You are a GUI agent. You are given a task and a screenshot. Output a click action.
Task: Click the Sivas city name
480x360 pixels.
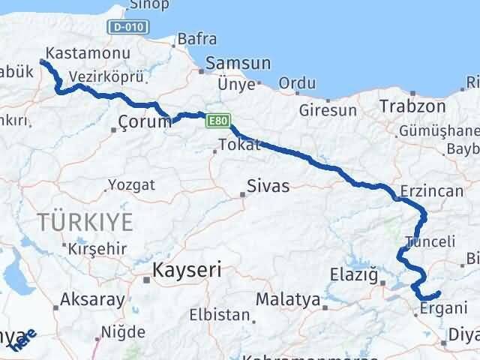point(268,186)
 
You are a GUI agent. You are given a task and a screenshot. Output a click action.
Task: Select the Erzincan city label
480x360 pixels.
point(433,191)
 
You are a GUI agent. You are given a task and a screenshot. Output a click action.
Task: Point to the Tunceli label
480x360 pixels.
point(430,241)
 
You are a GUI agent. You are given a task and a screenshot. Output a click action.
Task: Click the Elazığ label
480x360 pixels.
point(353,275)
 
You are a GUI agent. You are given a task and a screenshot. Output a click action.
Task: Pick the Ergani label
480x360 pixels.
point(443,307)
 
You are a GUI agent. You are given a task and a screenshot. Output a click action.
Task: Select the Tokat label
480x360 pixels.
point(235,144)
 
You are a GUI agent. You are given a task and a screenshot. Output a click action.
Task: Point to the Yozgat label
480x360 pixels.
point(130,184)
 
